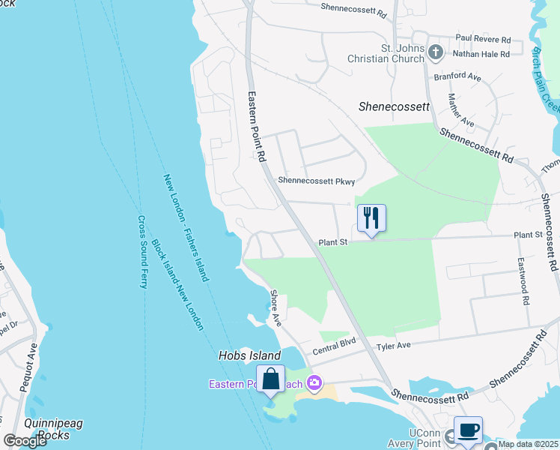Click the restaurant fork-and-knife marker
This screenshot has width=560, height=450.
tap(371, 218)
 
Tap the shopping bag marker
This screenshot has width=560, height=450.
tap(270, 379)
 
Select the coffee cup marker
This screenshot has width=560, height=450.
tap(468, 430)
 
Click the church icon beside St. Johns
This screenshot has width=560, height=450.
tap(436, 52)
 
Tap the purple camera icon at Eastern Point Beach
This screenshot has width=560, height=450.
tap(314, 384)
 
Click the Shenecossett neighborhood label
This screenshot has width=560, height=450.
tap(395, 106)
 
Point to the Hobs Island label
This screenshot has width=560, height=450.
tap(249, 355)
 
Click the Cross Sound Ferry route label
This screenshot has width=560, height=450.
tap(142, 253)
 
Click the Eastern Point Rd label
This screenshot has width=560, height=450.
tap(258, 127)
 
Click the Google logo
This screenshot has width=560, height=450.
tap(25, 441)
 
